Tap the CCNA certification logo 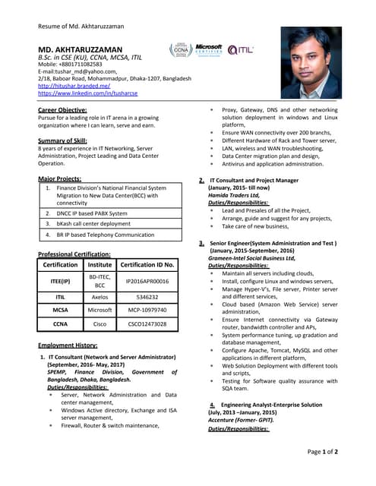180,51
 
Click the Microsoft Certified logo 208,50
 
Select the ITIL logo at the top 241,50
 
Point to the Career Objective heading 62,111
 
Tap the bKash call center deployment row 93,224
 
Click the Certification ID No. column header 148,264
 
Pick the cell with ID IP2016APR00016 148,281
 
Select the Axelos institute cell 100,298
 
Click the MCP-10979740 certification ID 148,311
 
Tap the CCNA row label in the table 60,323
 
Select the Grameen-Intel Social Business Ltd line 254,258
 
